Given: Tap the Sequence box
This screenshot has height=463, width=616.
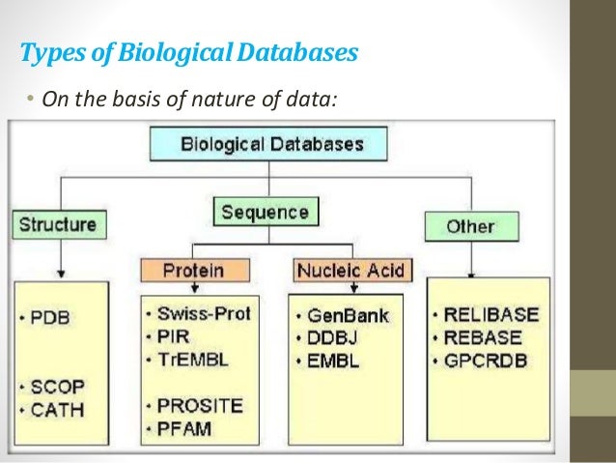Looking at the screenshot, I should [265, 212].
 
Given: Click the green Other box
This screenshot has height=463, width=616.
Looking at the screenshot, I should [470, 226].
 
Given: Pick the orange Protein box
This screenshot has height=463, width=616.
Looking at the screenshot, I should [195, 269].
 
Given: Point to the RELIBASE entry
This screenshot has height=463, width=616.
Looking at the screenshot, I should [493, 316].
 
